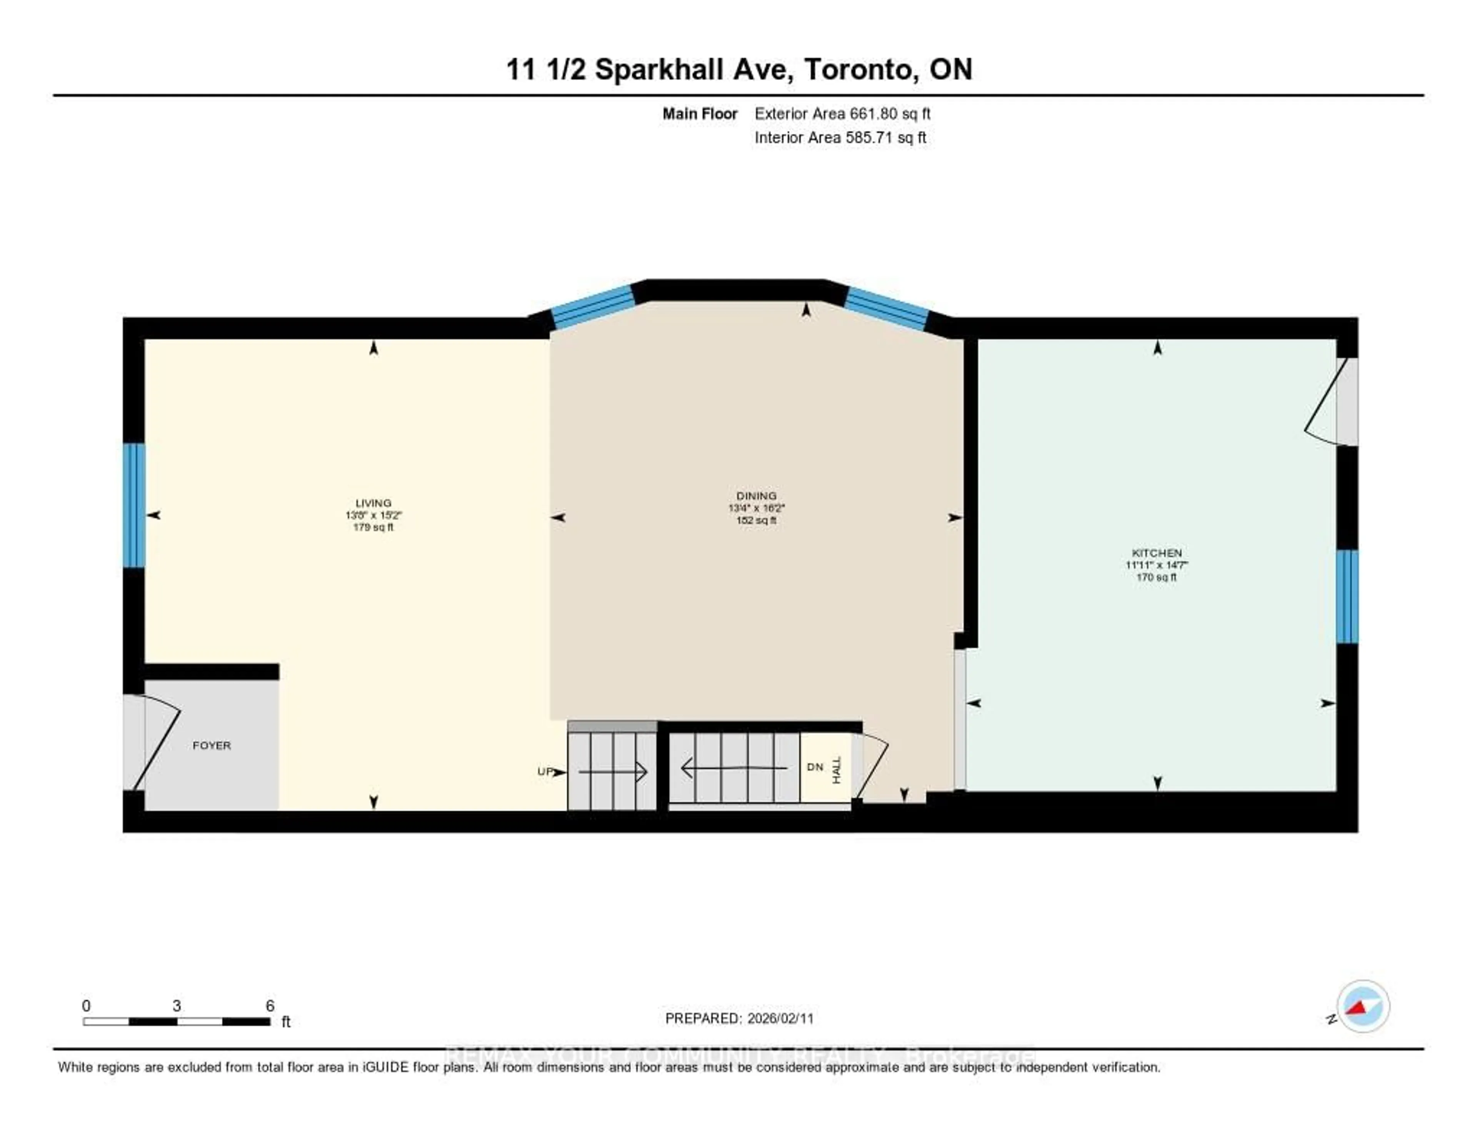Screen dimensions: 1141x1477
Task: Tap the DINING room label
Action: pos(756,496)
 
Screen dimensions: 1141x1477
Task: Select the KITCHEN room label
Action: pos(1157,552)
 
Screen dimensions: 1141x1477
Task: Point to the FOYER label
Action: pos(212,745)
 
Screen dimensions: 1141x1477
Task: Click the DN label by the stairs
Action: pos(815,767)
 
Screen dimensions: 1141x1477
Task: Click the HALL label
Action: pos(837,771)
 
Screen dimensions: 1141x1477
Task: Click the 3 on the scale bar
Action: pos(177,1006)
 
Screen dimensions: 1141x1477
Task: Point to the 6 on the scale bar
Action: pos(270,1006)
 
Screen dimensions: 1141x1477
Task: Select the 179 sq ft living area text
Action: pos(373,527)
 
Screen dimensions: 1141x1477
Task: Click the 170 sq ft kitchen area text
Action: pos(1157,577)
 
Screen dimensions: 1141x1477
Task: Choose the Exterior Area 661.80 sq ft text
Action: pos(842,113)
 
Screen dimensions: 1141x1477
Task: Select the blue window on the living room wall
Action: pos(134,505)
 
